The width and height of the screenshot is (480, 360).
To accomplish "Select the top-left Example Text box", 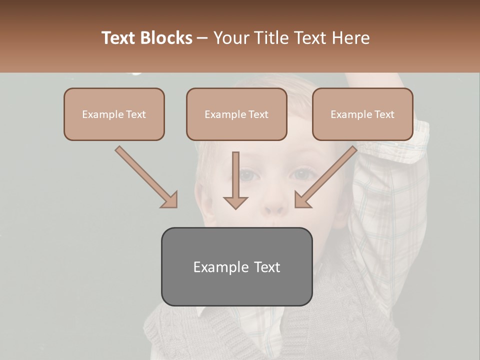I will coord(114,114).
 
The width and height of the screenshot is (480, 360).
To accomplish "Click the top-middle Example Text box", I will coord(236,114).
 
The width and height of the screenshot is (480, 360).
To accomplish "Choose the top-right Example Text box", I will coord(362,114).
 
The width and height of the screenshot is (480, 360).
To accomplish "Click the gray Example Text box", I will coord(236,266).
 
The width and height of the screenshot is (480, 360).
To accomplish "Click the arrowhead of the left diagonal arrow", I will coord(170,200).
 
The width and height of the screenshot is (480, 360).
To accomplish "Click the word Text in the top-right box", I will coord(384,114).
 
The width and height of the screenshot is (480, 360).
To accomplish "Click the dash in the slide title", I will coord(202,38).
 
